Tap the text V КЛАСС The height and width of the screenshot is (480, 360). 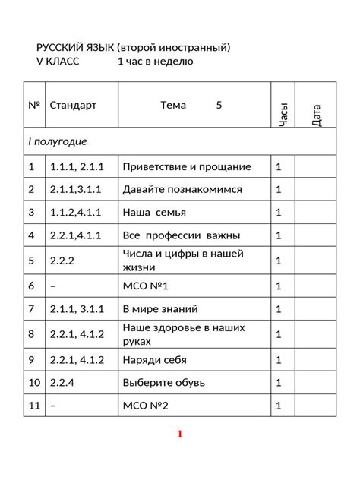[57, 62]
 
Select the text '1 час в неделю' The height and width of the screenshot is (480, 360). [156, 62]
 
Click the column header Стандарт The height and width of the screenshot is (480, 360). [73, 106]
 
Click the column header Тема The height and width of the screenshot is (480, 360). [178, 106]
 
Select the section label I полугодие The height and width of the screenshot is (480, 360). [58, 142]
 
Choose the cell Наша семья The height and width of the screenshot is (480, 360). [154, 213]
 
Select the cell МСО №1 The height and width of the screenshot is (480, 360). [144, 286]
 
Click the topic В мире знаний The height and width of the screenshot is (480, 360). [160, 309]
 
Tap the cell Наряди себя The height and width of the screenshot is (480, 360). [154, 359]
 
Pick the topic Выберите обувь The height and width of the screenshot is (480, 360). [163, 383]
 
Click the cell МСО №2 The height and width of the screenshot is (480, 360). [145, 406]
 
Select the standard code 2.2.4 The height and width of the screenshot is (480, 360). [64, 383]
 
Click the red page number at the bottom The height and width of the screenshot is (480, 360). [180, 435]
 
